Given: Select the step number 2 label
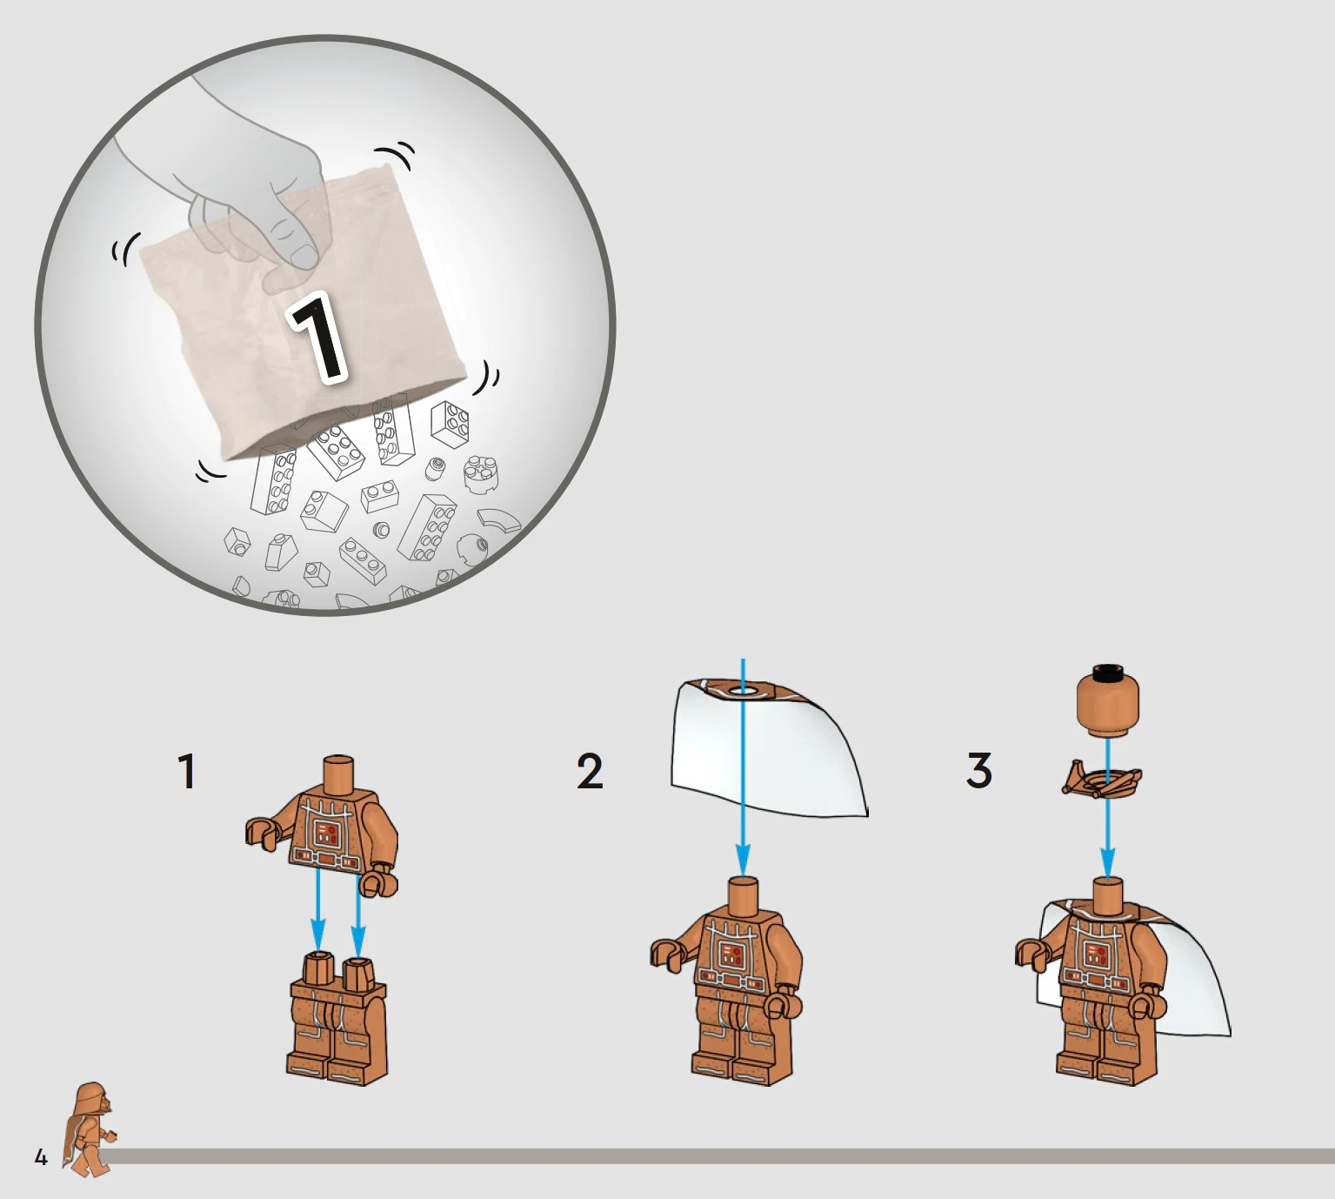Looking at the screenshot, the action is pos(590,771).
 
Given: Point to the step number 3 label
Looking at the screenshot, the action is pos(979,771).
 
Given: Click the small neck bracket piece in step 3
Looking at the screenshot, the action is pos(1102,779).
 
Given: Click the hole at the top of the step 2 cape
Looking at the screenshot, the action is pos(744,692).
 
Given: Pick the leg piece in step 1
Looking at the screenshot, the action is pos(337,1017).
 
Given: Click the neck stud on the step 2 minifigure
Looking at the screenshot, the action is pos(744,896).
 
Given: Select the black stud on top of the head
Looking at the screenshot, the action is pos(1108,673).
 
